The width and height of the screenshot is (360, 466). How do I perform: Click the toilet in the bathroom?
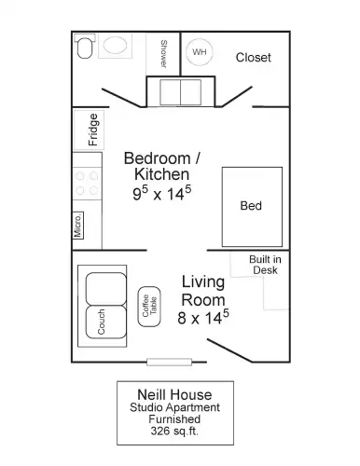point(85,46)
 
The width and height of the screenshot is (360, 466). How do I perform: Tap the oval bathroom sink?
point(115,46)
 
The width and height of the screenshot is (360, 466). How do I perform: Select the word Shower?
point(164,54)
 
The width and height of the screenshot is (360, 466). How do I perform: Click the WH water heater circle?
point(200,52)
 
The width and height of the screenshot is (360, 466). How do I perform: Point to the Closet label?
point(254,58)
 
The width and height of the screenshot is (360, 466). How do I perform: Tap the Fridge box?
point(89,130)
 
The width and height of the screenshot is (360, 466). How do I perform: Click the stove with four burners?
point(87,184)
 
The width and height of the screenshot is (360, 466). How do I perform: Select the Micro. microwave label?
point(78,226)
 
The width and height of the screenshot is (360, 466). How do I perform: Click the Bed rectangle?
point(252,207)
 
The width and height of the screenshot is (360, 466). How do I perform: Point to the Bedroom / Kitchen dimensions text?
point(162,193)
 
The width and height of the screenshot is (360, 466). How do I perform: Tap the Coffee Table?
point(149,307)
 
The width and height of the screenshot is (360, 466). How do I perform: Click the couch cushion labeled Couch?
point(105,322)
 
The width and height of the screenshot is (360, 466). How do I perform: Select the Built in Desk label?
point(265,265)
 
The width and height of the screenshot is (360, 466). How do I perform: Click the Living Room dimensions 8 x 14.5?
point(203,318)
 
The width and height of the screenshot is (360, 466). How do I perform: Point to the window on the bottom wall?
point(169,362)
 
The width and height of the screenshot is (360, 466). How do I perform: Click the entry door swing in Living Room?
point(229,350)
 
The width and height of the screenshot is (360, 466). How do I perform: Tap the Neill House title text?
point(174,395)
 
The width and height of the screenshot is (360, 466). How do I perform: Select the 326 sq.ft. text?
point(174,432)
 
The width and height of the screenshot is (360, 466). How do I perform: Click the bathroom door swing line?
point(121,98)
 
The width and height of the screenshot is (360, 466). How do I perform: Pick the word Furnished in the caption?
point(174,419)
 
